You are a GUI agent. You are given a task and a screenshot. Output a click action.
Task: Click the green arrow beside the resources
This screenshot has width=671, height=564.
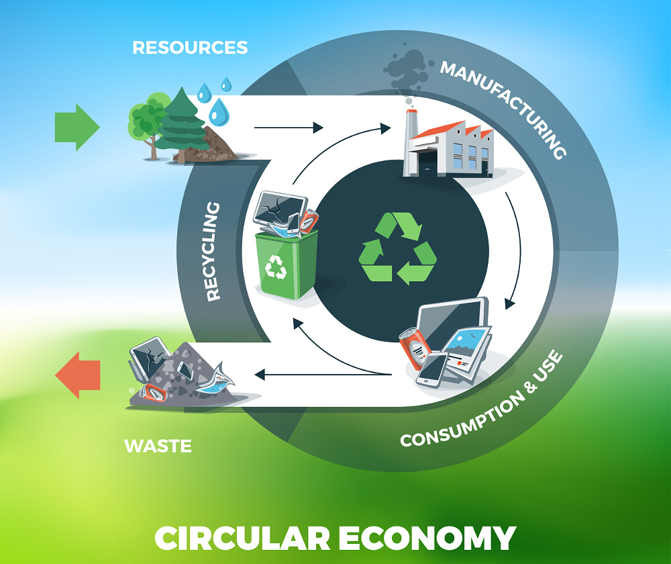[77, 127]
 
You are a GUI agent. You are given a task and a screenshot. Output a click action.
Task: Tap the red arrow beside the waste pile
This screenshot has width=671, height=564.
[78, 375]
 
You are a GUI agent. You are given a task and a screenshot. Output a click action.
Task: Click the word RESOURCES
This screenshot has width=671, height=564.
[190, 48]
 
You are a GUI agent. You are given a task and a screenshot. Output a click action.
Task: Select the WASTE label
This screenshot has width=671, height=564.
[158, 446]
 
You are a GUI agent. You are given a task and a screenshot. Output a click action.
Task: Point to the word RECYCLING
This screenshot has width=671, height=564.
[213, 251]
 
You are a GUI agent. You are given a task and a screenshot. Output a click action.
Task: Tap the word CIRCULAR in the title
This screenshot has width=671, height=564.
[242, 538]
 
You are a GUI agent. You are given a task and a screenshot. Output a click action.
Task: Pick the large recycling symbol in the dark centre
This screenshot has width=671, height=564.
[397, 248]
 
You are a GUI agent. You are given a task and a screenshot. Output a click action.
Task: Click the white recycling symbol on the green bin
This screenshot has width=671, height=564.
[276, 267]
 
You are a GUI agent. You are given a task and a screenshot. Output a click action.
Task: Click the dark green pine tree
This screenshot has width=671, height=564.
[183, 124]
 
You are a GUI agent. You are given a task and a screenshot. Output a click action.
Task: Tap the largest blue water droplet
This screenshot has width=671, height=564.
[219, 111]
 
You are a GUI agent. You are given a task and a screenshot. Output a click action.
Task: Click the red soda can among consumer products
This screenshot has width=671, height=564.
[414, 348]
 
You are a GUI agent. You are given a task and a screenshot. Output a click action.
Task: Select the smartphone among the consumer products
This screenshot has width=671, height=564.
[433, 369]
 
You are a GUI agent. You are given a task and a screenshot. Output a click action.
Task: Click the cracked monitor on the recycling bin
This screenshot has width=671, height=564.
[280, 209]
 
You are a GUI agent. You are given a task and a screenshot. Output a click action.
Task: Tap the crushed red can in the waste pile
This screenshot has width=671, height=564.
[153, 393]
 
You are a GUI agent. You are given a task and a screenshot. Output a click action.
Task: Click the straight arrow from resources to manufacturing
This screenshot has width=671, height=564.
[289, 128]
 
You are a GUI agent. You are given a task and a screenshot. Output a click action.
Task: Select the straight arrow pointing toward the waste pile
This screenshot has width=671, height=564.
[323, 375]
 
